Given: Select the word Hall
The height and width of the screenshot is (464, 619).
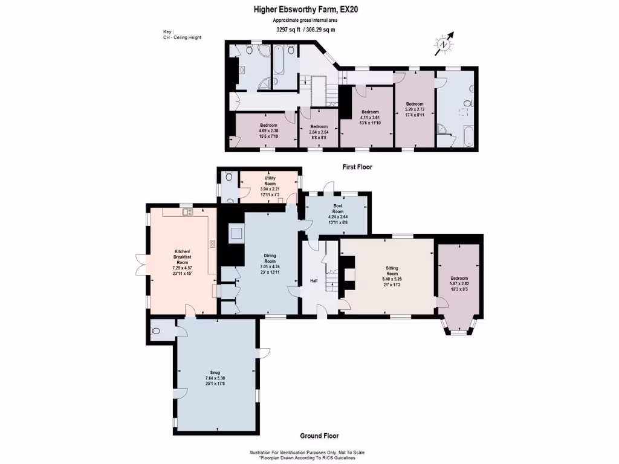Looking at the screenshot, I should (x=314, y=280).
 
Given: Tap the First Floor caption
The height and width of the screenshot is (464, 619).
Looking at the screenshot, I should (x=353, y=167).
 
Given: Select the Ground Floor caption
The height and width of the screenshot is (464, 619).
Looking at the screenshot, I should (x=319, y=436).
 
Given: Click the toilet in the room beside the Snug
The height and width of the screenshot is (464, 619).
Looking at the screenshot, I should (x=156, y=331).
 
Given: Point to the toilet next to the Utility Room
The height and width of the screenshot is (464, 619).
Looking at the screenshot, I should (x=227, y=178).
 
